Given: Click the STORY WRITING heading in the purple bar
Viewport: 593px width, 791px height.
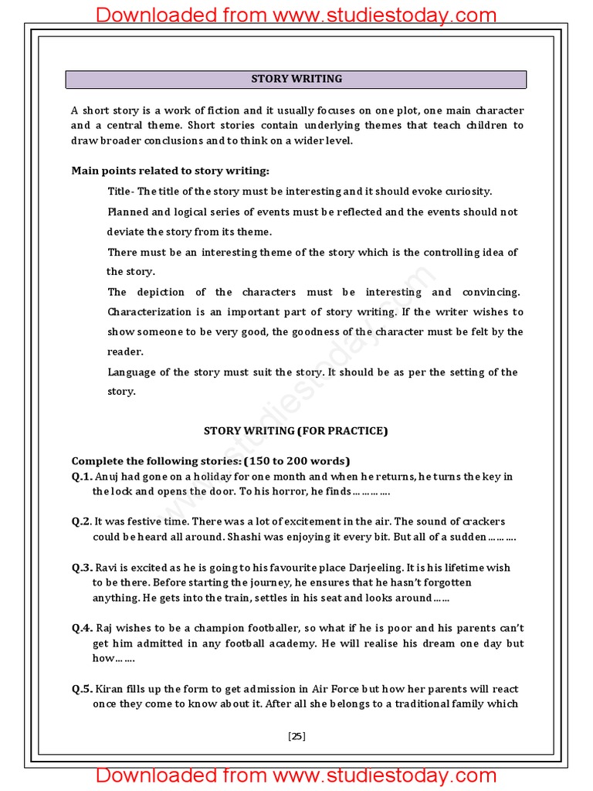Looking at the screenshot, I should click(296, 79).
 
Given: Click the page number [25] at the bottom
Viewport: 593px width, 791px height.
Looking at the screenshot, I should click(296, 736).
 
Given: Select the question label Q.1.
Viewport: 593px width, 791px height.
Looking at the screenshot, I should click(82, 477).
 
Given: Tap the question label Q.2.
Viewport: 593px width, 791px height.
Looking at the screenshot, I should click(82, 522).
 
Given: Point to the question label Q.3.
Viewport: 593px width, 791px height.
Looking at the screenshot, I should click(82, 568).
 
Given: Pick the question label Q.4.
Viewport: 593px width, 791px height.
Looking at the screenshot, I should click(82, 629).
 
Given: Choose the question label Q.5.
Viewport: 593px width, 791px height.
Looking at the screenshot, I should click(82, 689).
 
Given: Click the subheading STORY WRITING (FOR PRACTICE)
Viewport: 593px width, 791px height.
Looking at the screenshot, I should click(296, 431).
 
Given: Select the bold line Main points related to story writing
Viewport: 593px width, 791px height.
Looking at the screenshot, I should click(171, 171).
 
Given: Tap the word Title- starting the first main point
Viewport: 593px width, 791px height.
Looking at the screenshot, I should click(121, 192).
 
